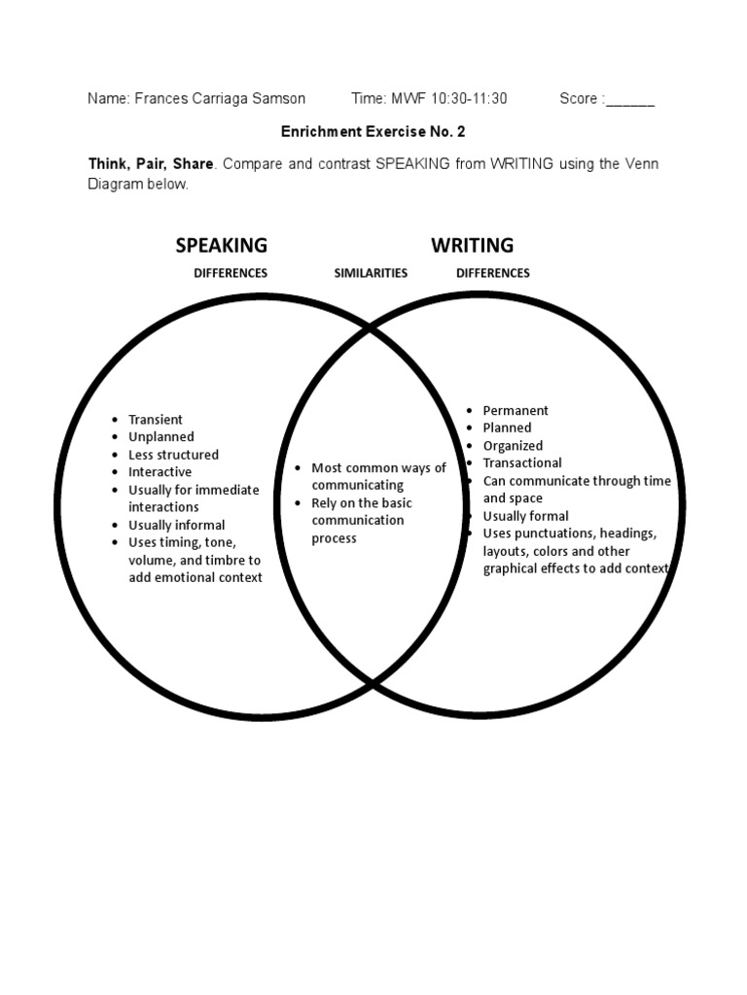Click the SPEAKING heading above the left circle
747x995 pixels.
[x=221, y=245]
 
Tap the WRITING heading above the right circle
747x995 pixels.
[x=473, y=245]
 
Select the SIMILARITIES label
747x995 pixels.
[x=371, y=273]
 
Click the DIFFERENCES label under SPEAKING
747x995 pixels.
[x=231, y=273]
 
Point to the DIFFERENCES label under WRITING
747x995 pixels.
[x=493, y=273]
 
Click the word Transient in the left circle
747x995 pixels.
[x=156, y=420]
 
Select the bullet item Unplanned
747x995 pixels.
[x=161, y=437]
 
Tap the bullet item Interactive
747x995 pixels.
[x=160, y=472]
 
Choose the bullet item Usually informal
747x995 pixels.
[x=177, y=525]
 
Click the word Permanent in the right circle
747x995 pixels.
[x=516, y=411]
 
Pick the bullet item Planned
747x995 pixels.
[x=508, y=428]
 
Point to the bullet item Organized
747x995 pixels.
[x=513, y=446]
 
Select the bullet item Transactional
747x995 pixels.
[x=522, y=463]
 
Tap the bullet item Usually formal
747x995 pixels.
[x=526, y=516]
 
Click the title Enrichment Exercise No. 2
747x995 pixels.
[x=366, y=130]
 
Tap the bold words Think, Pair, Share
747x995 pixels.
[x=151, y=163]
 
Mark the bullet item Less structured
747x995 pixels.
[x=174, y=455]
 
